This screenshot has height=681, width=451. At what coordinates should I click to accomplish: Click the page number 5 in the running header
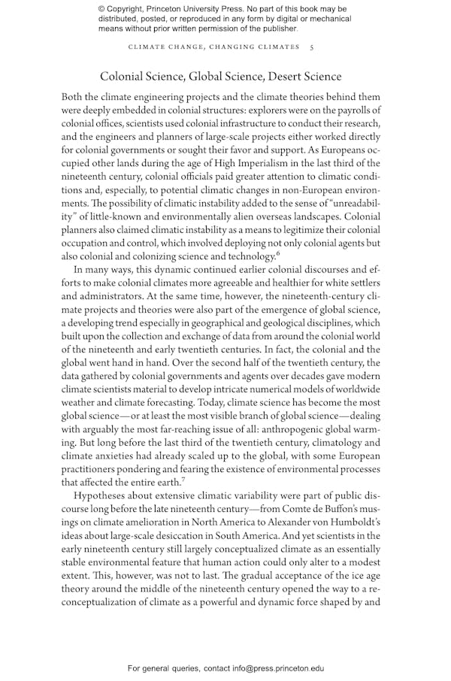[312, 47]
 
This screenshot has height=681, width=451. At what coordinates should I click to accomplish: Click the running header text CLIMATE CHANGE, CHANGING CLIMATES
[214, 47]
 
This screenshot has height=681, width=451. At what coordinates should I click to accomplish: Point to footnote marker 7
[183, 478]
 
